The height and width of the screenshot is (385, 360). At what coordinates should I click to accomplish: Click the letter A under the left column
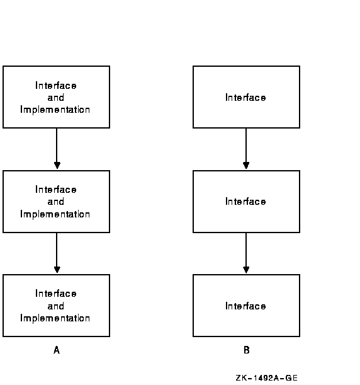tap(57, 350)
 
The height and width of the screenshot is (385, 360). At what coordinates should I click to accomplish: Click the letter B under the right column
tap(247, 350)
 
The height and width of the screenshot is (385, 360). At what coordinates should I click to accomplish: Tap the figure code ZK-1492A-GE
tap(267, 378)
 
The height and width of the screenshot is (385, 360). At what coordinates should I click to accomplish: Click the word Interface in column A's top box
tap(56, 86)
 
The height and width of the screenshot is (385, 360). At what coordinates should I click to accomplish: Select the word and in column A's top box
tap(56, 98)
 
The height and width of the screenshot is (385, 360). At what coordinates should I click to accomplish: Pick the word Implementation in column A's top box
tap(55, 110)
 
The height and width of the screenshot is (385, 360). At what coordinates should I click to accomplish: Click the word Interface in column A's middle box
tap(56, 190)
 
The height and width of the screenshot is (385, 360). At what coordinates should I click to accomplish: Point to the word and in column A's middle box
tap(56, 202)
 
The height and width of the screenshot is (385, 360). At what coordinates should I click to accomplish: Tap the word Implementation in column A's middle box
tap(55, 214)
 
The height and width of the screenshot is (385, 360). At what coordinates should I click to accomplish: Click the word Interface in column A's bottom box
tap(56, 294)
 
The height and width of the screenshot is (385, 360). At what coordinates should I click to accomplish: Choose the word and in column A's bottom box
tap(56, 306)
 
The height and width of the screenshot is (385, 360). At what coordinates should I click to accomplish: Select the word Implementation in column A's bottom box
tap(55, 318)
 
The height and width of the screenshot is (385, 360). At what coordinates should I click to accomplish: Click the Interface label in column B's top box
tap(245, 98)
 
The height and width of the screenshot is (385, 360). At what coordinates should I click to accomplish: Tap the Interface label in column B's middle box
tap(245, 202)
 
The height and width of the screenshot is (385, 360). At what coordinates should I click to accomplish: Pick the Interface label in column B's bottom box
tap(245, 306)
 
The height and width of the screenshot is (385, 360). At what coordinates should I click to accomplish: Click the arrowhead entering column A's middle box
tap(57, 165)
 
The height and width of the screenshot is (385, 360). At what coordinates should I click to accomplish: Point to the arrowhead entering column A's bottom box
tap(57, 270)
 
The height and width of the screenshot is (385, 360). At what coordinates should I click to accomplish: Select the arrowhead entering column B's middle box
tap(246, 165)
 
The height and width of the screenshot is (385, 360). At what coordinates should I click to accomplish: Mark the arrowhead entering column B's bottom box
tap(246, 270)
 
